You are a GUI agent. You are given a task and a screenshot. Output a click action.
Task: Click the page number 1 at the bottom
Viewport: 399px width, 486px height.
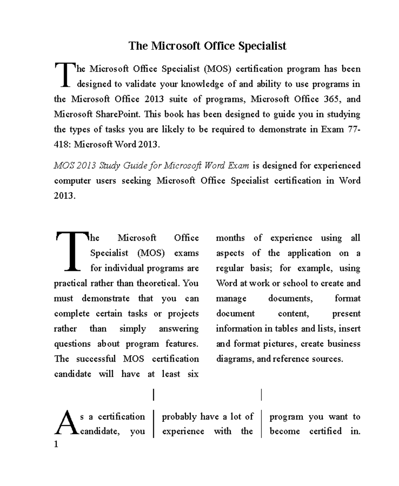click(56, 444)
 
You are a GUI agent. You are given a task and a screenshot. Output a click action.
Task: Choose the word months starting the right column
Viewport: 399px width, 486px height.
click(230, 238)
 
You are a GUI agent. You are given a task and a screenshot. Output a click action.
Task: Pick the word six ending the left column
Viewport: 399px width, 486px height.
click(193, 374)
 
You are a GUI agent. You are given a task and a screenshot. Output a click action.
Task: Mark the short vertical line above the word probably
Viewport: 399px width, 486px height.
click(154, 394)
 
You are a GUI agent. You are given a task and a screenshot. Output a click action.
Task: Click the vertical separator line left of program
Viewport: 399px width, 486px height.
click(262, 424)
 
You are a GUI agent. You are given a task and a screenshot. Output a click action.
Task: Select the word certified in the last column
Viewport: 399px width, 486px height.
click(325, 431)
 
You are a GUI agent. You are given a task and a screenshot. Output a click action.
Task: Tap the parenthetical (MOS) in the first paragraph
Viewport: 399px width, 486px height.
click(217, 69)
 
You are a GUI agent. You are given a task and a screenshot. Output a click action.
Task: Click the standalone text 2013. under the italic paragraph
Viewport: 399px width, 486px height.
click(65, 196)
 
